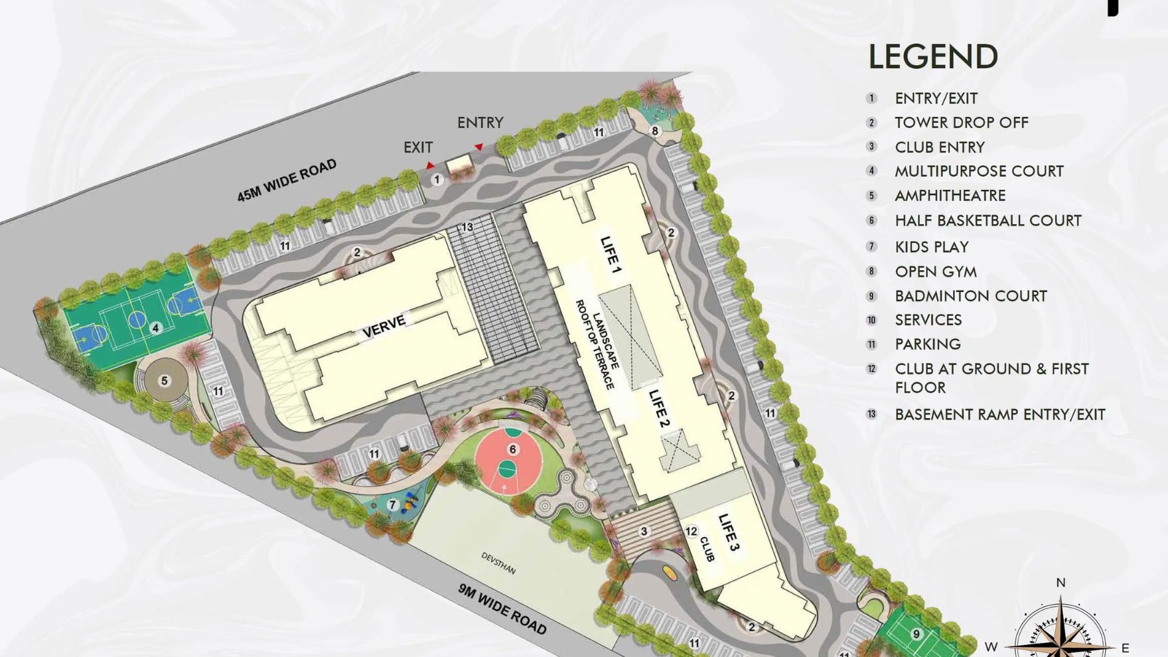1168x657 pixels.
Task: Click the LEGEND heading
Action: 932,57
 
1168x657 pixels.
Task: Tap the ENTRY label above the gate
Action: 480,123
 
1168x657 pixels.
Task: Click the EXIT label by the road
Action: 418,147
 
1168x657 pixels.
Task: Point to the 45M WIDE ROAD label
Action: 287,180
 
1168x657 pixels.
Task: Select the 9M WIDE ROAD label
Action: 502,609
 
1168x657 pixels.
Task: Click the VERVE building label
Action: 384,326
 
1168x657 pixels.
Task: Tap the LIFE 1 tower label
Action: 611,255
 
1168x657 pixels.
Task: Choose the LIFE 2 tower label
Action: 659,407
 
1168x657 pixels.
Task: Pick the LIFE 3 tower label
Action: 729,532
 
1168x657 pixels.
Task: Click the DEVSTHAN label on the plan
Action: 498,563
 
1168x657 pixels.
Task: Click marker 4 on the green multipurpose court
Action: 155,327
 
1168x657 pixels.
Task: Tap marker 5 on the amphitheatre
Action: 164,380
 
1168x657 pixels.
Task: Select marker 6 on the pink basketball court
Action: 512,449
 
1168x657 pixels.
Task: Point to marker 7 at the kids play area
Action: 392,505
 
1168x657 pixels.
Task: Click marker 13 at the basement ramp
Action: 467,227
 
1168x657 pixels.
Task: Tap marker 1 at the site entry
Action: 437,179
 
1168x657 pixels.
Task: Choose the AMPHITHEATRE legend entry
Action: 950,196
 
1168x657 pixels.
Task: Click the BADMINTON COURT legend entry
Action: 970,296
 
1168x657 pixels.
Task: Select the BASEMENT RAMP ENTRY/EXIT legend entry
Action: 999,415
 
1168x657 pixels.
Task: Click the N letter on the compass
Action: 1060,583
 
